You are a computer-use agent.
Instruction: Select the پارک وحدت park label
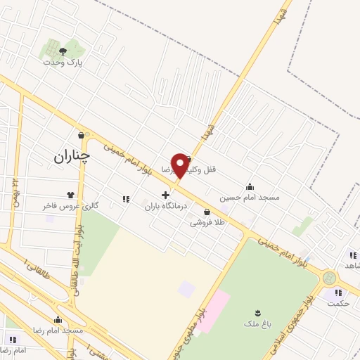[x=63, y=62]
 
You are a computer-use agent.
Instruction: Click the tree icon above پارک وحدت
[x=63, y=51]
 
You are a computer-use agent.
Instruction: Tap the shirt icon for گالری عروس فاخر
[x=70, y=195]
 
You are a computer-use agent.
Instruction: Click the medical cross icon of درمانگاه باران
[x=165, y=195]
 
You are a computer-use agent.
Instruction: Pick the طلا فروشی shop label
[x=207, y=223]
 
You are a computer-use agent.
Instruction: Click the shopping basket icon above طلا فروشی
[x=207, y=212]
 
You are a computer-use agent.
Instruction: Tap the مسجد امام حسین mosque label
[x=250, y=198]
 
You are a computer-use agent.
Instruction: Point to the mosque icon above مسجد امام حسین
[x=250, y=186]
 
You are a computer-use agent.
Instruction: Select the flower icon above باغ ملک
[x=258, y=313]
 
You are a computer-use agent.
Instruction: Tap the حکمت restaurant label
[x=339, y=303]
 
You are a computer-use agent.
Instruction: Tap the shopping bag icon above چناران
[x=82, y=135]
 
